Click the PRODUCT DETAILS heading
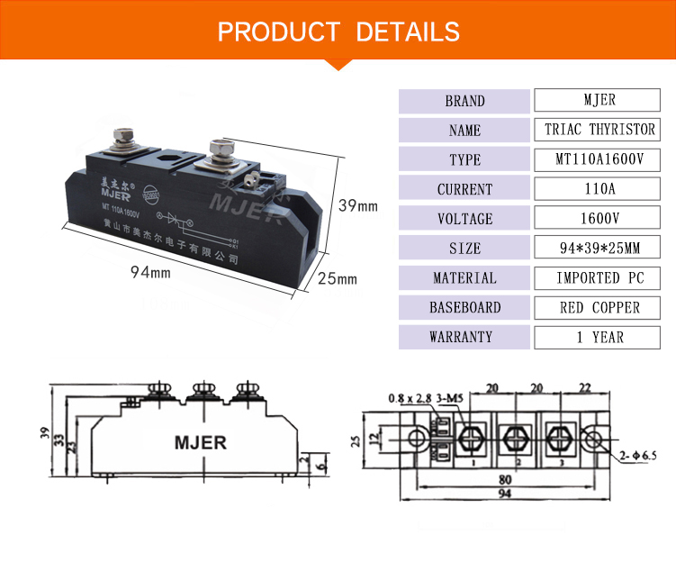(338, 32)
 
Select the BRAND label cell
(464, 101)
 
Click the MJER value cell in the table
(599, 101)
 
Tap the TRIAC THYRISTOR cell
(599, 131)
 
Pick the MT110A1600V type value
(599, 159)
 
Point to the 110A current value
(599, 189)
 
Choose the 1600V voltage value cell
(599, 219)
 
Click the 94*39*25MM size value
(599, 249)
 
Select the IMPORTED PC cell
(599, 278)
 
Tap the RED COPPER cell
(599, 308)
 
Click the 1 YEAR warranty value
(599, 338)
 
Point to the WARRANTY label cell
(464, 338)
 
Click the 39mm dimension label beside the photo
(357, 206)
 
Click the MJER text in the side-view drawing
(200, 443)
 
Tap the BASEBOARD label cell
(464, 308)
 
